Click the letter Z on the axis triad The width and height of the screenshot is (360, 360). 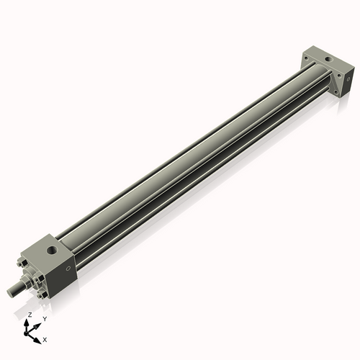point(29,315)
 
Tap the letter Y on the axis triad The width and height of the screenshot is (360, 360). point(45,319)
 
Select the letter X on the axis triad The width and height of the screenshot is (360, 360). point(45,338)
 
